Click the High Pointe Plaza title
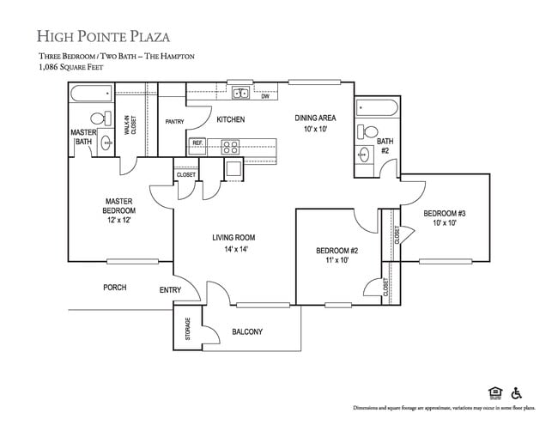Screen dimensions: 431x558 tap(103, 36)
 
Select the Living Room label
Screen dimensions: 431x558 tap(234, 244)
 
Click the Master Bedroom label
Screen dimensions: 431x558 tap(118, 209)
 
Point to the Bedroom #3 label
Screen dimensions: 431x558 tap(444, 217)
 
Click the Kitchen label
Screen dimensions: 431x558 tap(231, 119)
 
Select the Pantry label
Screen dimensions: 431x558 tap(175, 123)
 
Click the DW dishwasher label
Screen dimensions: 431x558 tap(264, 96)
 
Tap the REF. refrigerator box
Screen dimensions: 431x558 tap(197, 143)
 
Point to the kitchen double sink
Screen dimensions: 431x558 tap(240, 94)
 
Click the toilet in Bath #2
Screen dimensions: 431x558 tap(369, 131)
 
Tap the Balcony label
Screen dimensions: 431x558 tap(247, 332)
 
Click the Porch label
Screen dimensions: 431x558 tap(115, 288)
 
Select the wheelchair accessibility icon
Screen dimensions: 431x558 tap(518, 393)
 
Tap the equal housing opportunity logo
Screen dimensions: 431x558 tap(494, 393)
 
